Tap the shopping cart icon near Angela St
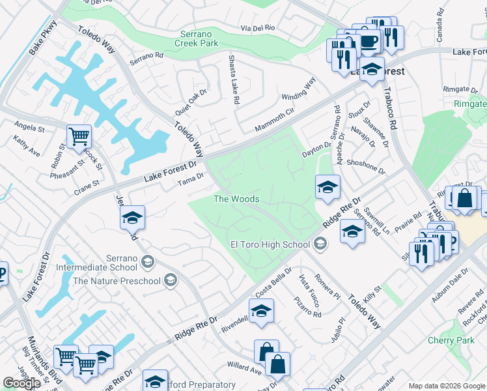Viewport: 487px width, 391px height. pyautogui.click(x=79, y=137)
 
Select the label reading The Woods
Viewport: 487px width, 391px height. pyautogui.click(x=237, y=199)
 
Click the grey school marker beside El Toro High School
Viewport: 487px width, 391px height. pyautogui.click(x=319, y=244)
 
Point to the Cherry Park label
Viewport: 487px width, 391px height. pyautogui.click(x=451, y=341)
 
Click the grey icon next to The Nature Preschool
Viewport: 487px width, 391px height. pyautogui.click(x=171, y=281)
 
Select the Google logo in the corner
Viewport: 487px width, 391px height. pyautogui.click(x=21, y=383)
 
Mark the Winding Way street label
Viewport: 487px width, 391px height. pyautogui.click(x=299, y=89)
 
